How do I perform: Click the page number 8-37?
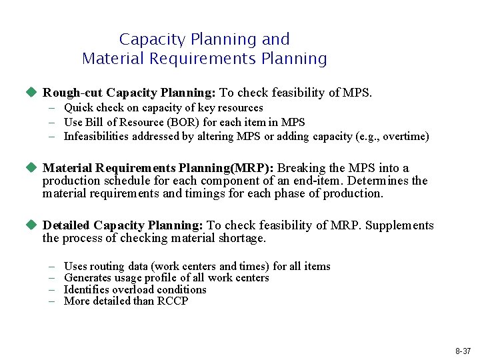click(463, 351)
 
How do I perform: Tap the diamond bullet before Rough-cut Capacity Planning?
click(31, 93)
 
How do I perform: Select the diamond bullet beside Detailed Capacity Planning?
click(31, 225)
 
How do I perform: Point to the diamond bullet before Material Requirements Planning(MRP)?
click(31, 168)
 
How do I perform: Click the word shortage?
click(242, 238)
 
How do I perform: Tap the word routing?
click(107, 266)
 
